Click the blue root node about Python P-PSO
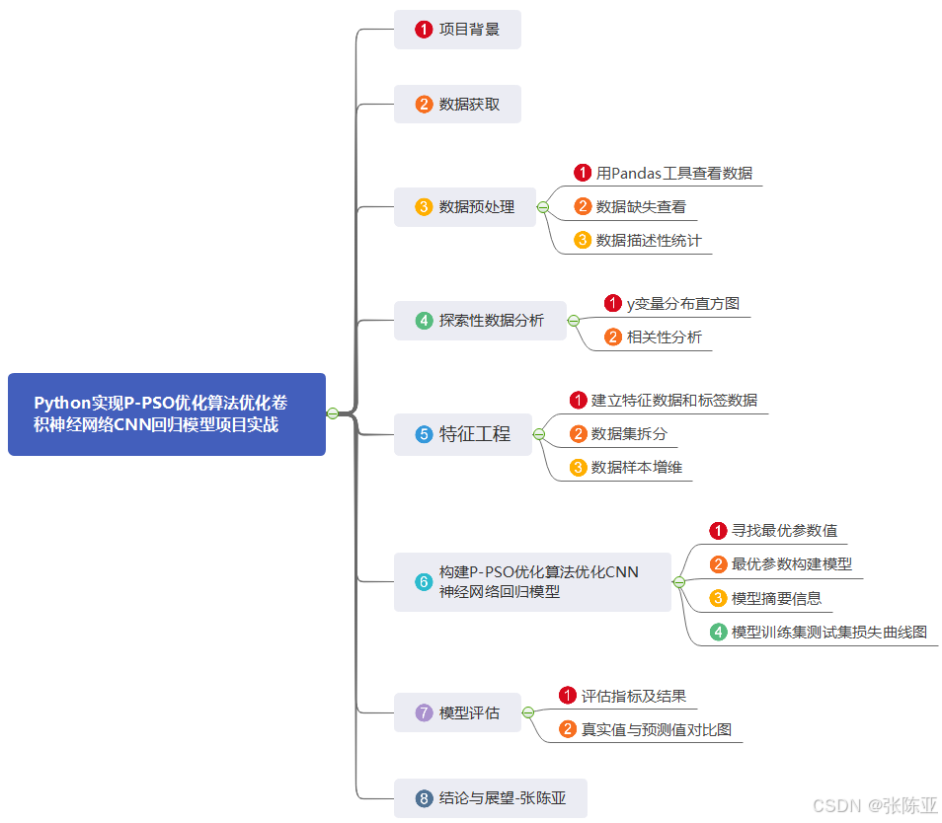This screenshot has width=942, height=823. tap(166, 414)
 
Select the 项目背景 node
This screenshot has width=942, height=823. tap(457, 30)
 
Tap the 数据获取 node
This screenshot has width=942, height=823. tap(457, 104)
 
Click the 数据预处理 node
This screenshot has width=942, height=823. tap(465, 207)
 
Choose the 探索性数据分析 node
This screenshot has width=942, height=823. tap(480, 321)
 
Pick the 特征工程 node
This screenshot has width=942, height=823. tap(463, 434)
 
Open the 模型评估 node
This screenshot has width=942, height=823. tap(457, 712)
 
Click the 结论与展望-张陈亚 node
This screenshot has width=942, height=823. tap(491, 798)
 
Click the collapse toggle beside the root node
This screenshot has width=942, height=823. tap(333, 413)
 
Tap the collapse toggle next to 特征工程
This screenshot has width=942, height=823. tap(539, 434)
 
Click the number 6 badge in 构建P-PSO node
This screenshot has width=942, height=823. tap(424, 582)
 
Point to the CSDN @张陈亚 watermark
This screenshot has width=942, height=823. tap(874, 805)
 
